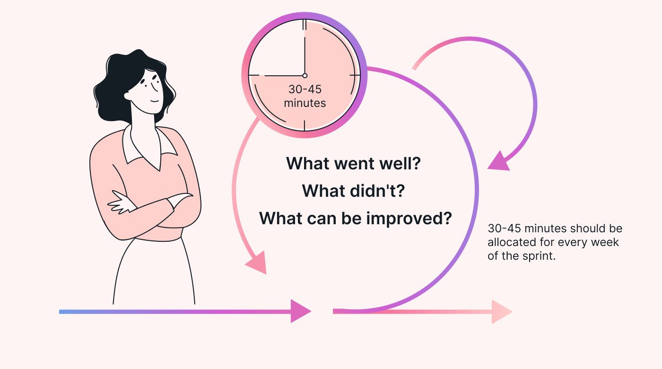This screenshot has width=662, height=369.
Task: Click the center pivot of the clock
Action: [x=305, y=76]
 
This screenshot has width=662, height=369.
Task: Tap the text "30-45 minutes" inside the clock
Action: [x=305, y=96]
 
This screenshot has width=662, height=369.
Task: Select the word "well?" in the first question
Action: [x=399, y=164]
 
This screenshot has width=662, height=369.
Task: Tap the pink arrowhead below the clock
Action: [x=256, y=263]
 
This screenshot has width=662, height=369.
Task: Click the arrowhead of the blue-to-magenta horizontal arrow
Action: [x=299, y=311]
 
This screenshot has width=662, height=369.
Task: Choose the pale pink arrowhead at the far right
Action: [x=501, y=312]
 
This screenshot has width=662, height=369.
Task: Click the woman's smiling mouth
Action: [x=155, y=101]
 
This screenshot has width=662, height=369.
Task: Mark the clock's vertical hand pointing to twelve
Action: [x=305, y=47]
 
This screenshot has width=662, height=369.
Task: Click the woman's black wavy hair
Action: [x=116, y=85]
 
